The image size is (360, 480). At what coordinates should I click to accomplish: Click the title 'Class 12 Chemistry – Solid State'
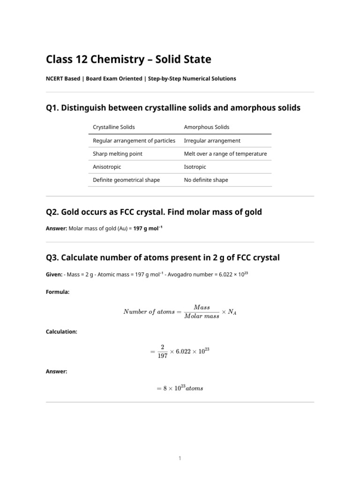(128, 60)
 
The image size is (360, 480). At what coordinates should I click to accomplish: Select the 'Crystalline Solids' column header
(114, 127)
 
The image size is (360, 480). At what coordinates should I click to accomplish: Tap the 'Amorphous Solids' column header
(207, 127)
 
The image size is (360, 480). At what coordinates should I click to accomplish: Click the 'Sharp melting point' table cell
(118, 154)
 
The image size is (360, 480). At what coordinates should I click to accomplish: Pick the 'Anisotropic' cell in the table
(107, 167)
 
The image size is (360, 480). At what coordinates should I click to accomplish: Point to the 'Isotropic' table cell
(195, 167)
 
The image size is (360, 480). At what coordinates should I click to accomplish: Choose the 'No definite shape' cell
(206, 180)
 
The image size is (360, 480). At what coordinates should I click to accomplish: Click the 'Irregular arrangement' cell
(212, 141)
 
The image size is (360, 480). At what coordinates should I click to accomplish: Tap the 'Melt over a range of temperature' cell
(225, 154)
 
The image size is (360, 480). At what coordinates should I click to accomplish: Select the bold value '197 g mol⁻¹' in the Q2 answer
(148, 228)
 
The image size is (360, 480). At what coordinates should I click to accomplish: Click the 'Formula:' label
(58, 292)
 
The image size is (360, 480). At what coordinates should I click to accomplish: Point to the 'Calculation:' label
(61, 331)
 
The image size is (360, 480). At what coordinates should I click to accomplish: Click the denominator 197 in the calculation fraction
(163, 355)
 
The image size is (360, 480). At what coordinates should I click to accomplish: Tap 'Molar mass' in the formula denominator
(202, 316)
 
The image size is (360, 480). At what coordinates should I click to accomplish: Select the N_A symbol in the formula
(232, 312)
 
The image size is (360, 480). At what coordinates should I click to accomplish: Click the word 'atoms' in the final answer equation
(195, 389)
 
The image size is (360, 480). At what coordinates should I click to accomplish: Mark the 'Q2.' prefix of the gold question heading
(52, 212)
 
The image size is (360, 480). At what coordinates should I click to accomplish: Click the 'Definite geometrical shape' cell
(127, 180)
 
